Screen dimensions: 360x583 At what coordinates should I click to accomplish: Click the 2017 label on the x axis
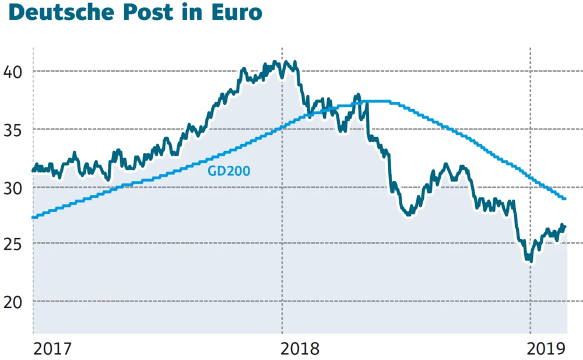pyautogui.click(x=52, y=349)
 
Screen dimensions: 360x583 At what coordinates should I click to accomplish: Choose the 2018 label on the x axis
pyautogui.click(x=300, y=349)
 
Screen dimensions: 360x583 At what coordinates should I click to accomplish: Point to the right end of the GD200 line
pyautogui.click(x=565, y=199)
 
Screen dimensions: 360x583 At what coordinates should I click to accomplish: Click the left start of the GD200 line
pyautogui.click(x=33, y=217)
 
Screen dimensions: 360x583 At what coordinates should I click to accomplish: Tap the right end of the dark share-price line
pyautogui.click(x=565, y=226)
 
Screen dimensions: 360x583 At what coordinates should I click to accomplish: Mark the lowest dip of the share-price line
pyautogui.click(x=529, y=261)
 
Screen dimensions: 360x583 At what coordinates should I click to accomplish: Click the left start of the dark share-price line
pyautogui.click(x=33, y=170)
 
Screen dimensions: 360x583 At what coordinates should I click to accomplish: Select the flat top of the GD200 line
pyautogui.click(x=373, y=102)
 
